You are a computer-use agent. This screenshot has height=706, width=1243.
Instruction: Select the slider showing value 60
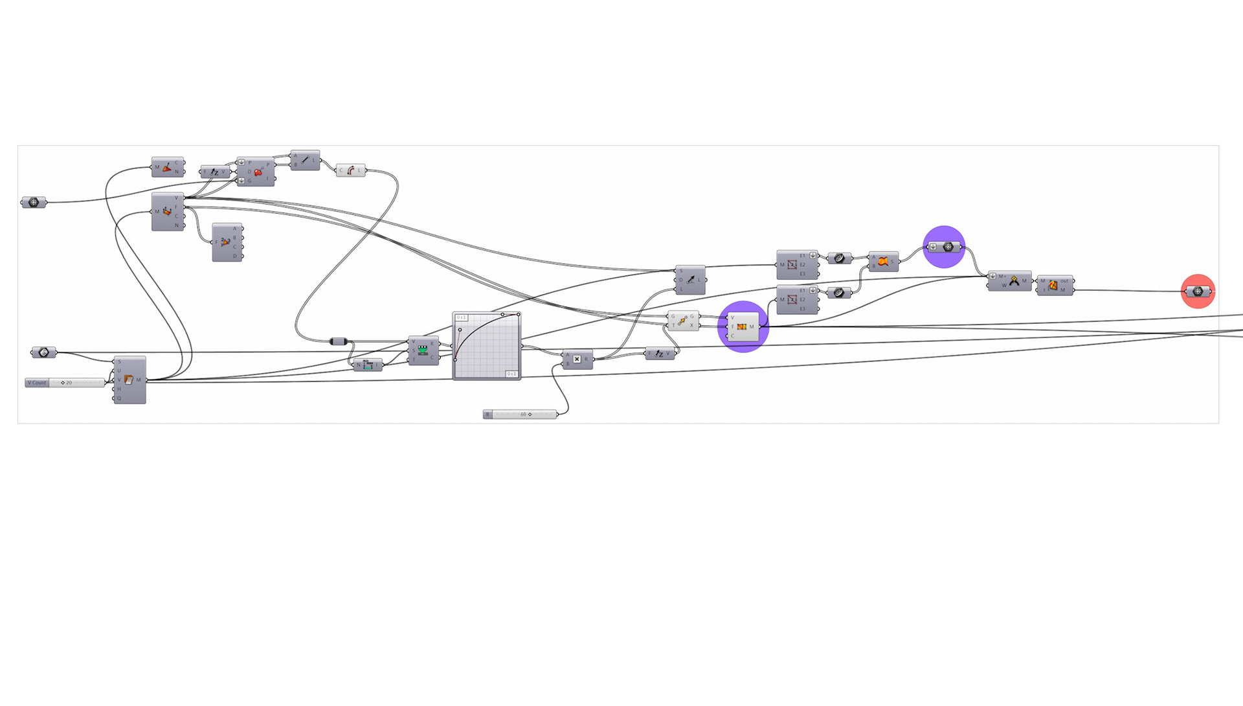coord(521,415)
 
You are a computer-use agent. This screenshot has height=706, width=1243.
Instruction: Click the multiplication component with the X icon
coord(577,359)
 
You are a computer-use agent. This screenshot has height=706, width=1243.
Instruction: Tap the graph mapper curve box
coord(487,346)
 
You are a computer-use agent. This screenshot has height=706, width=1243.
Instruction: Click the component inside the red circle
coord(1198,291)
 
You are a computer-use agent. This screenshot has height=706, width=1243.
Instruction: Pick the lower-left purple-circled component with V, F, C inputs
coord(742,327)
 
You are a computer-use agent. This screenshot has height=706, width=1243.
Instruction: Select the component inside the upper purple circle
coord(944,247)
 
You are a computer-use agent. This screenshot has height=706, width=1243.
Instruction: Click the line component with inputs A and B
coord(305,160)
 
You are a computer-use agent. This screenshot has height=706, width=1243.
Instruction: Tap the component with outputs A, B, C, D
coord(227,242)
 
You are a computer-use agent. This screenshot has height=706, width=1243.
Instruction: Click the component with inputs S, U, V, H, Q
coord(129,380)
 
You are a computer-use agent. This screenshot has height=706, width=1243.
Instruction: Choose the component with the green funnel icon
coord(423,350)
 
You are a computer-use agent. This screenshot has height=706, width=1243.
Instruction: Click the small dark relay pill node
coord(339,341)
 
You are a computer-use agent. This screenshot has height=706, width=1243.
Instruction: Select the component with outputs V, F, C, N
coord(168,212)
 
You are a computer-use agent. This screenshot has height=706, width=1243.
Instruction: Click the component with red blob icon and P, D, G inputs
coord(256,172)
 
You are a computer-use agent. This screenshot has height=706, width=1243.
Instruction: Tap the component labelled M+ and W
coord(1009,281)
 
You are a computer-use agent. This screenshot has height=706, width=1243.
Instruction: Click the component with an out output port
coord(1054,285)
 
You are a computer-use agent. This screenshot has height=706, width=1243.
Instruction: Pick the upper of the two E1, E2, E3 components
coord(796,264)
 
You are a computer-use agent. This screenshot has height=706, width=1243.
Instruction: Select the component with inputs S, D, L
coord(690,280)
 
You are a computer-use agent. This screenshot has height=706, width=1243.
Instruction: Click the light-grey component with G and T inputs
coord(682,321)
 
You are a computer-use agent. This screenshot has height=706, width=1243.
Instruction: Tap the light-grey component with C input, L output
coord(350,170)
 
